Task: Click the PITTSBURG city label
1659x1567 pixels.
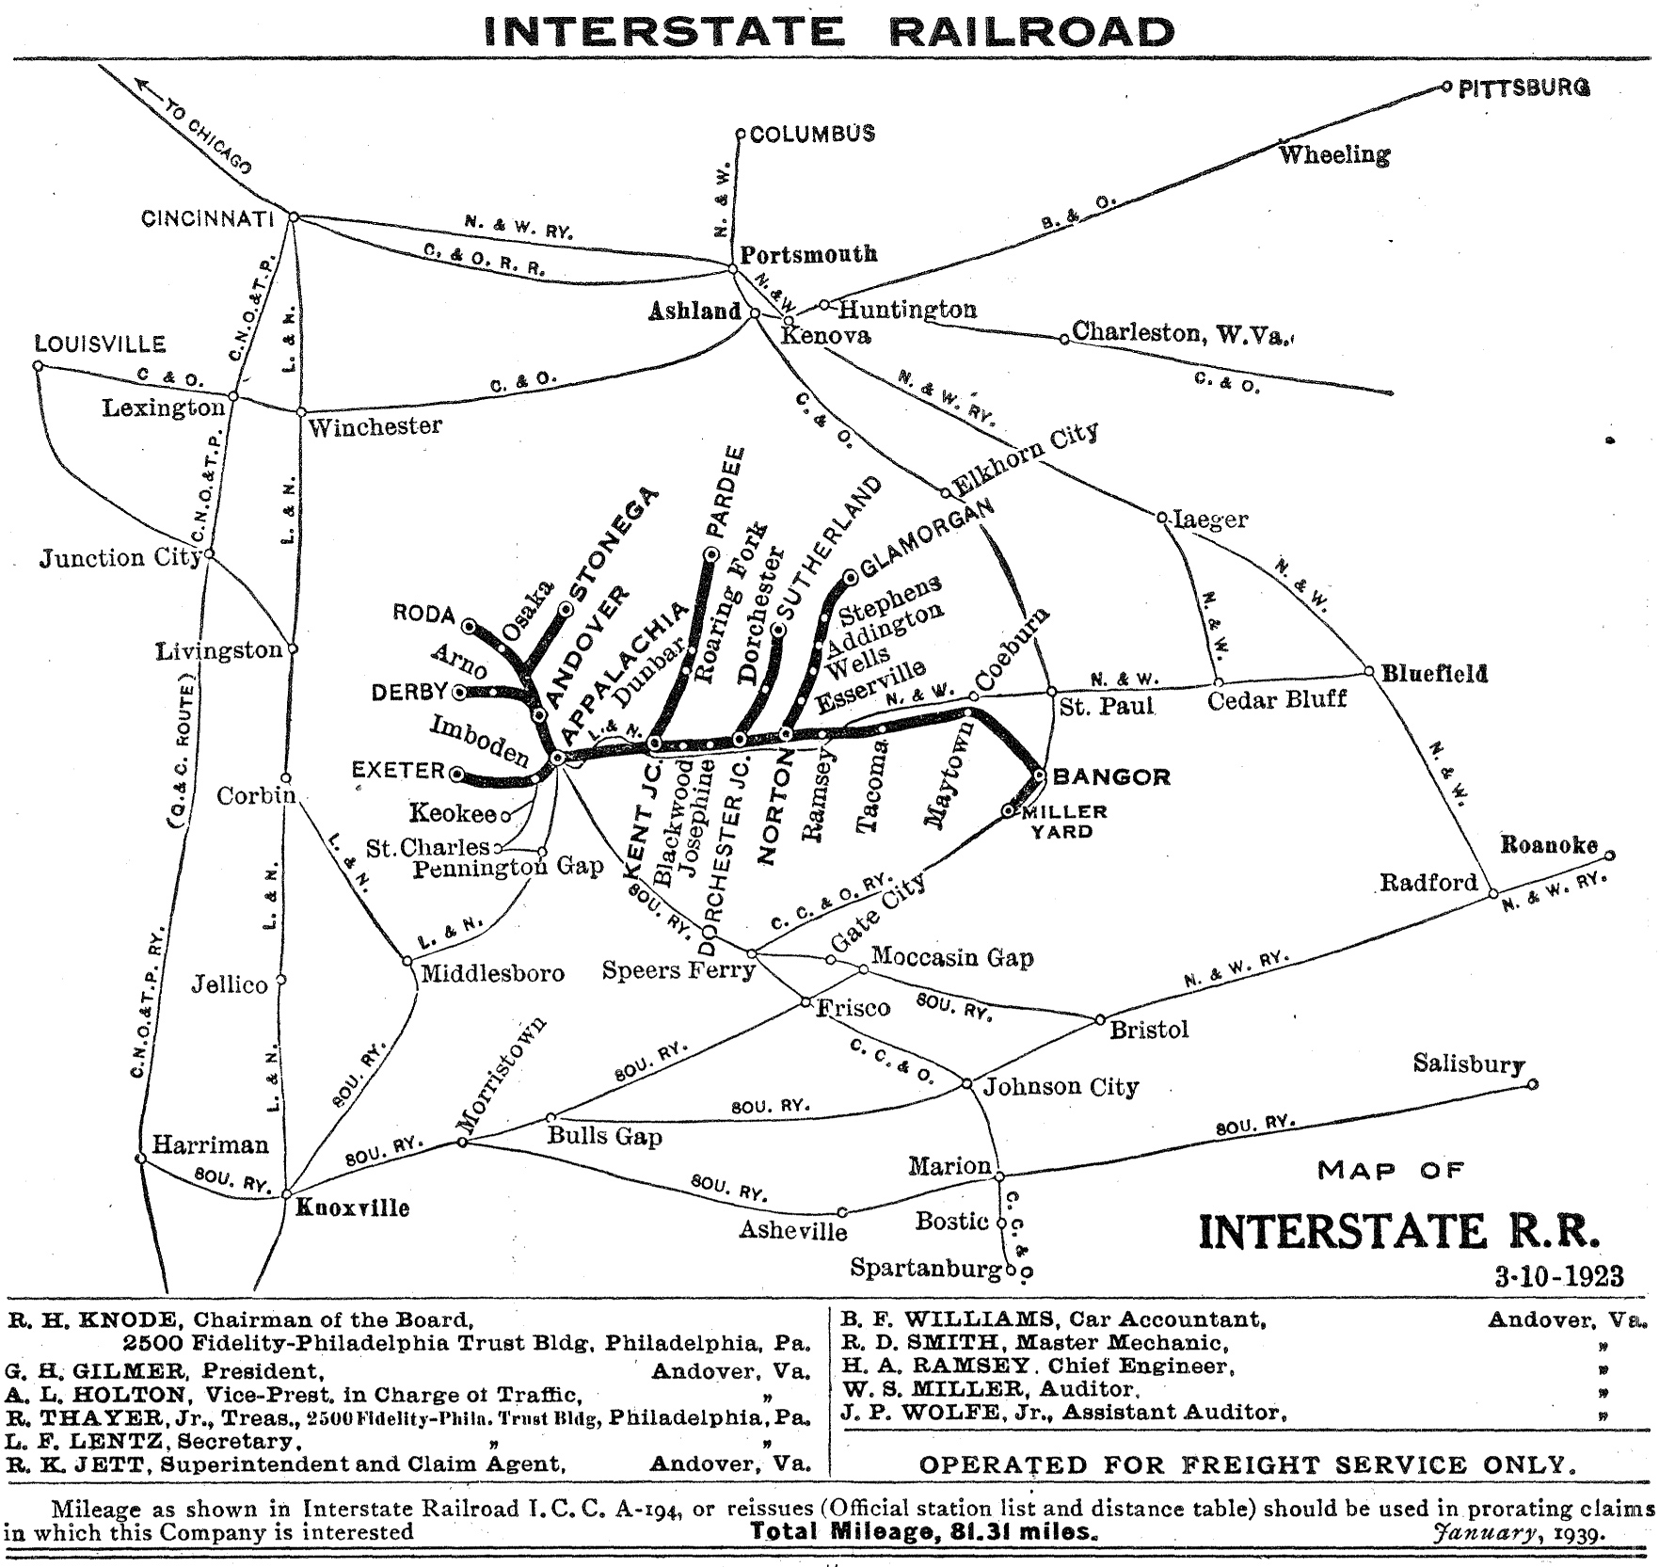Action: (x=1523, y=88)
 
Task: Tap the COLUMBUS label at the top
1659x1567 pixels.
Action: (x=812, y=134)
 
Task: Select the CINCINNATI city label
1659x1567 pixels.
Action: (x=207, y=219)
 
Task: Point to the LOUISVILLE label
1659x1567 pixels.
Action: (x=100, y=344)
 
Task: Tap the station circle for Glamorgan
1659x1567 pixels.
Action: (x=851, y=575)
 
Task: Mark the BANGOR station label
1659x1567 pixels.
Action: (x=1111, y=776)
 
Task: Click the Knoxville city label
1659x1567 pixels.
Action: (x=353, y=1207)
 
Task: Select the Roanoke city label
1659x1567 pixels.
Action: (x=1548, y=844)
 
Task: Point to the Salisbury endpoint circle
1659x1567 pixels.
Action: (x=1532, y=1084)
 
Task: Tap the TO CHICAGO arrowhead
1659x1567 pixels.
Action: (x=145, y=85)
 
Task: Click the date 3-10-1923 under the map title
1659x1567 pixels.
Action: (x=1558, y=1276)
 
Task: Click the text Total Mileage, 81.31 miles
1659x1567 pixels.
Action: (x=923, y=1531)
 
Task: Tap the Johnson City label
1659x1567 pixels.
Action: (x=1061, y=1087)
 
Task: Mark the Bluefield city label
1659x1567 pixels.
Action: (x=1434, y=674)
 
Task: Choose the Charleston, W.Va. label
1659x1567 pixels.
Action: (x=1182, y=332)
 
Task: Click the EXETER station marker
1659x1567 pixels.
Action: (x=457, y=775)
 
